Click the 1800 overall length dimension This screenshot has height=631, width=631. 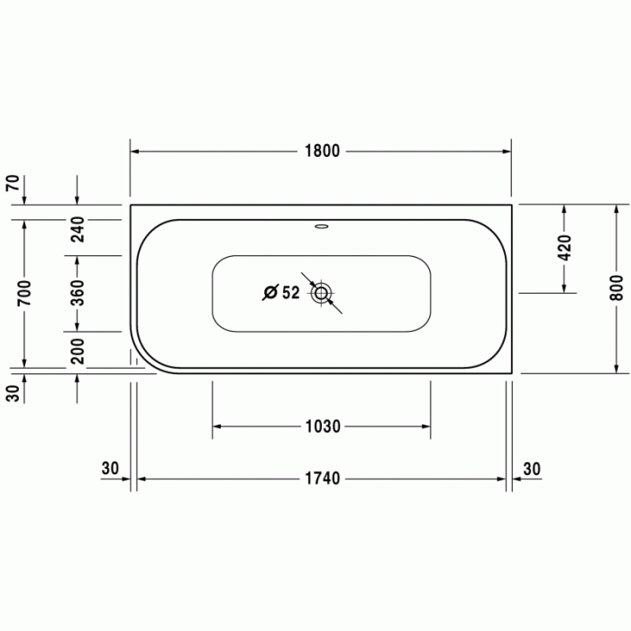tap(321, 151)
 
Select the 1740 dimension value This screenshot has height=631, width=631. tap(321, 479)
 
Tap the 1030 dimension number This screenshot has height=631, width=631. tap(321, 426)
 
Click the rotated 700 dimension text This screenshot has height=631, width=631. tap(24, 293)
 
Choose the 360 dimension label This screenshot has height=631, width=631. tap(78, 293)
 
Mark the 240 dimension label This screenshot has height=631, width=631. tap(78, 231)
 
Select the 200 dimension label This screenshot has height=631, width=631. tap(78, 351)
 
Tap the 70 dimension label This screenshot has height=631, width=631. tap(13, 184)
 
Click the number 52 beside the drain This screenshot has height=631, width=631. tap(290, 293)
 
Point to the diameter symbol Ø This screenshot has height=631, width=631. tap(270, 293)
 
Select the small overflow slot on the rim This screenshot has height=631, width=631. tap(322, 227)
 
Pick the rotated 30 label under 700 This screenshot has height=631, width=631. tap(13, 393)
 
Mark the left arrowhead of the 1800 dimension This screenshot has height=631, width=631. tap(136, 151)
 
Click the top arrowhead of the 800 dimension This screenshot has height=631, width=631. tap(616, 209)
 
